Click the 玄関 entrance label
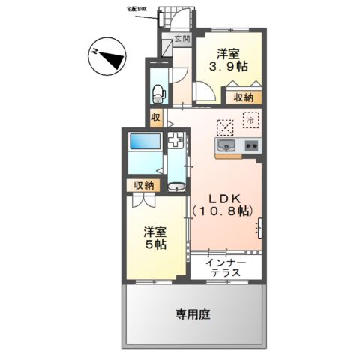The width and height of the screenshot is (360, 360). coord(182,39)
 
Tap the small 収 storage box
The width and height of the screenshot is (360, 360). coord(157,117)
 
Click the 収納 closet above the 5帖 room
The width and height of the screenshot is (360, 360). coord(144,185)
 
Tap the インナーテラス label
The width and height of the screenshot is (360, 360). coord(225,267)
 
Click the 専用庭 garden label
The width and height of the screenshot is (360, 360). coord(193,314)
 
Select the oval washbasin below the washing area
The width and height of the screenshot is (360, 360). coord(177,187)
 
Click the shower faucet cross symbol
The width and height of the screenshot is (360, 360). coord(175,139)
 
